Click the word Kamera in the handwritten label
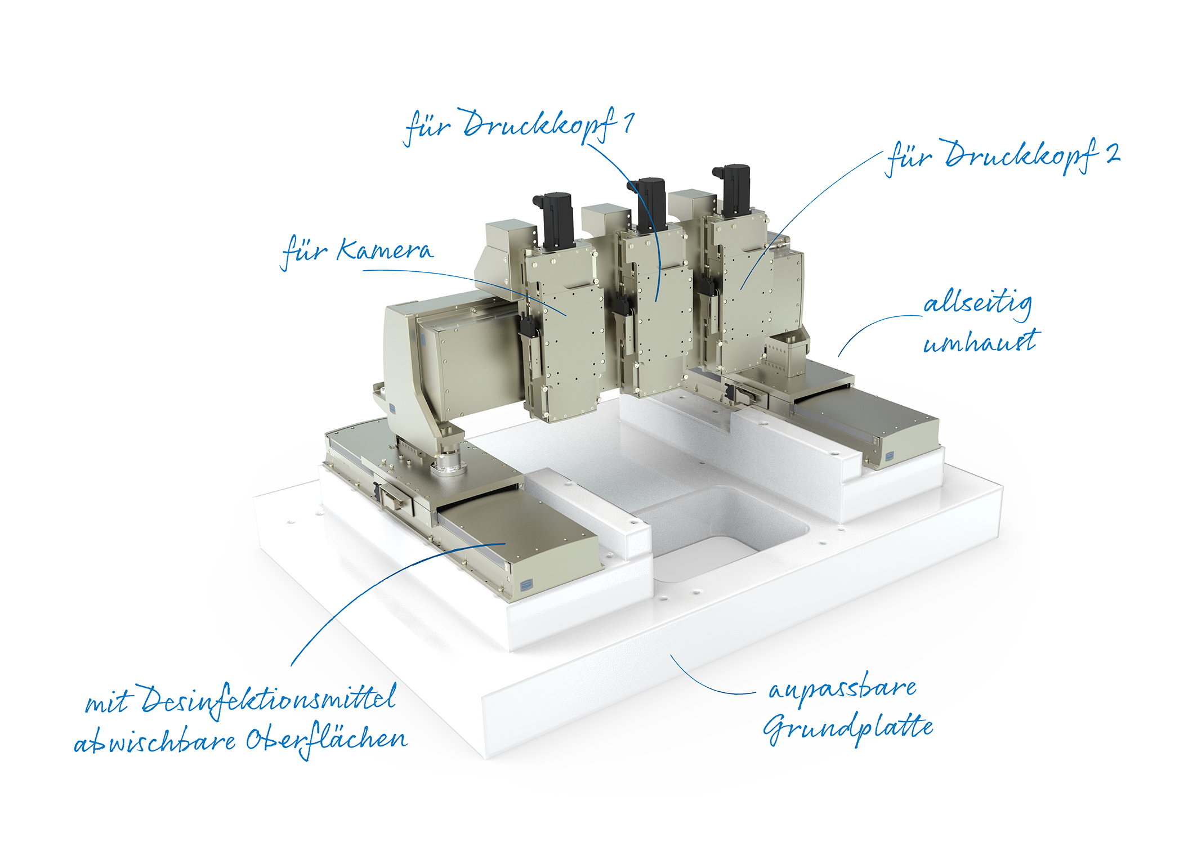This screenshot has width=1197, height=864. point(386,250)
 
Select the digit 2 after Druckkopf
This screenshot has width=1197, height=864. point(1113,153)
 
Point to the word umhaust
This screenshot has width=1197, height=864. point(981,342)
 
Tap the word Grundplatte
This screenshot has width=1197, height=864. point(848,728)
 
